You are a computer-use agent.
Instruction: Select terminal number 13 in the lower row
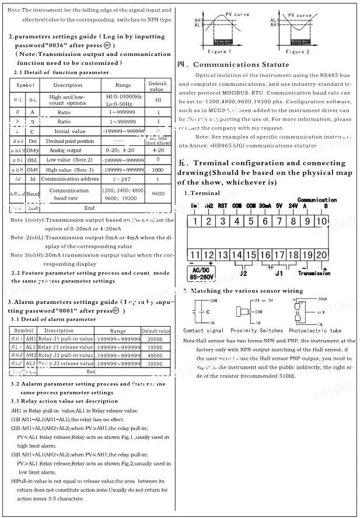point(223,255)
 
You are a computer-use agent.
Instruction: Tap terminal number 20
point(321,255)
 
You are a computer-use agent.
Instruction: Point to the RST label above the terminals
point(222,205)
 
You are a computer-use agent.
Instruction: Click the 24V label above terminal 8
point(293,205)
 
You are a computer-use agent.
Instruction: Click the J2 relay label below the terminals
point(243,272)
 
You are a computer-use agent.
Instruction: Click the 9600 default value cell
point(158,194)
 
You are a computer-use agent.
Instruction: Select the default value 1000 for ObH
point(158,169)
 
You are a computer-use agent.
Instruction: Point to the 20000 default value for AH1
point(156,339)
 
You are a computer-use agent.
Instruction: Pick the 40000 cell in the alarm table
point(156,355)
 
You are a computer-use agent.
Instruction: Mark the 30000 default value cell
point(156,363)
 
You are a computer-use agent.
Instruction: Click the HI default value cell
point(158,100)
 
